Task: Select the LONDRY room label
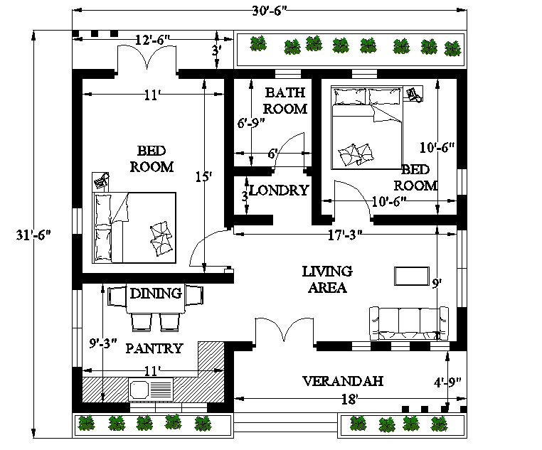[x=278, y=191]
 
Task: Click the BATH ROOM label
[x=285, y=100]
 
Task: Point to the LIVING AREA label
[x=326, y=279]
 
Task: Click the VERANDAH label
[x=343, y=381]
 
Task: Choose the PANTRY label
[x=154, y=348]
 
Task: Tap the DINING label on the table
[x=156, y=293]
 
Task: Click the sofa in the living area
[x=408, y=323]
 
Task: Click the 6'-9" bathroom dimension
[x=250, y=122]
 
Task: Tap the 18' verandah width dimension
[x=349, y=400]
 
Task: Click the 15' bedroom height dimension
[x=204, y=176]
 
